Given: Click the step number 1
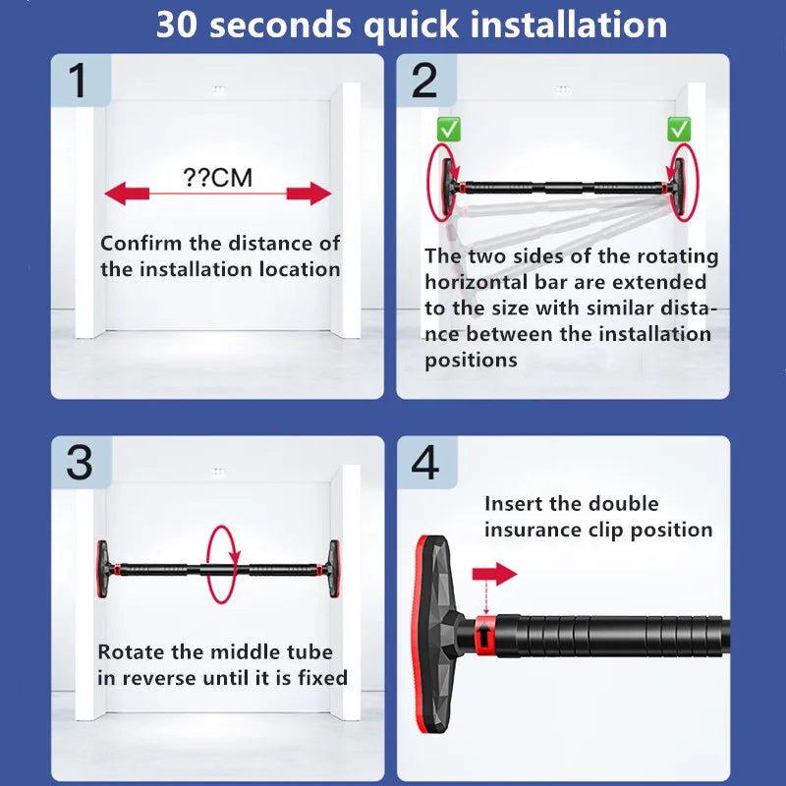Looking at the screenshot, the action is pos(78,81).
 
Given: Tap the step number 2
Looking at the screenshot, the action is pos(424,81).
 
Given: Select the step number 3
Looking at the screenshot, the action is pos(80,462).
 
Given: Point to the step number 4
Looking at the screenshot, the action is pos(425,462).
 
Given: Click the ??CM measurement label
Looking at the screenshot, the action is pos(217,178).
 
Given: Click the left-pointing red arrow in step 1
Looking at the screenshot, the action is pos(127,194).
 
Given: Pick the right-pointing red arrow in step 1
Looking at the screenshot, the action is pos(309,194).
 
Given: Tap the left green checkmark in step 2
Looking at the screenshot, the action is pos(449,130).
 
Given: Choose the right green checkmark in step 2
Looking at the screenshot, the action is pos(679,130).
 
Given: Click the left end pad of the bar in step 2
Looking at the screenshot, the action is pos(448,186).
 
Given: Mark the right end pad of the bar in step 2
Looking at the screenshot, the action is pos(678,188).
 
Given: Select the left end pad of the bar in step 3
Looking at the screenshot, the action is pos(102,569).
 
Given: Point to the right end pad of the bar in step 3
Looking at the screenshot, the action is pos(334,569).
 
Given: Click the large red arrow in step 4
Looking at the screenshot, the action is pos(494,574).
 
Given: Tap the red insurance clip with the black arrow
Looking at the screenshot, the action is pos(484,636).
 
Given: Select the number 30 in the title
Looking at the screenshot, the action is pos(177,24).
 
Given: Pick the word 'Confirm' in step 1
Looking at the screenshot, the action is pos(141,244).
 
